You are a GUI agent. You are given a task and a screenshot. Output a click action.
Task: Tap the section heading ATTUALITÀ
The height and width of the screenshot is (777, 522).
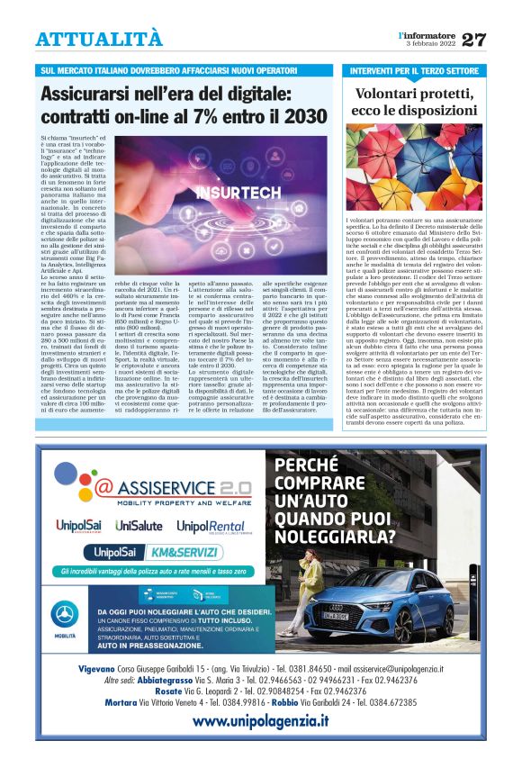tap(100, 40)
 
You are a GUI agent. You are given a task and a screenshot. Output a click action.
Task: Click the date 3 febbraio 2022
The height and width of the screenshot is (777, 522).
tap(429, 45)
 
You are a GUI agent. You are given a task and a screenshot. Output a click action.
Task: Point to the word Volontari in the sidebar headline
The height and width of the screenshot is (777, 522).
tap(389, 93)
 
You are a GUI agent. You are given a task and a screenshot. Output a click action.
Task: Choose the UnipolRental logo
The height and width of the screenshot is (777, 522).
tap(211, 526)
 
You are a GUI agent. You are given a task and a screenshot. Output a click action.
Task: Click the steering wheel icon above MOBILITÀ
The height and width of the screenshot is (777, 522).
tap(64, 616)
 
